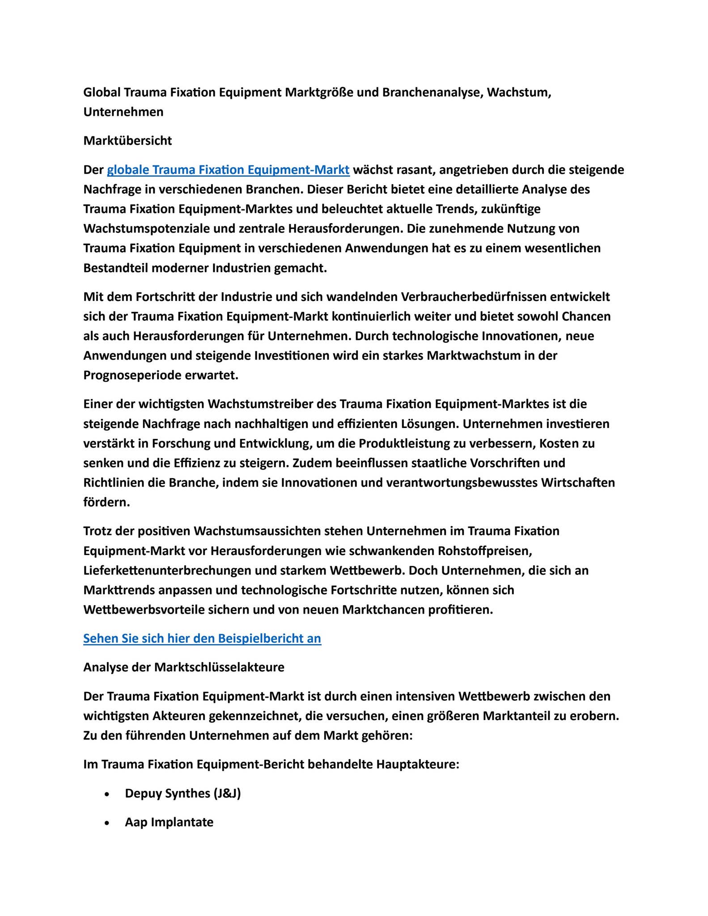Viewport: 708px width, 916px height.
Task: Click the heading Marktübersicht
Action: click(127, 141)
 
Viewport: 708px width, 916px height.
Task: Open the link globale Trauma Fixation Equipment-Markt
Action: click(228, 170)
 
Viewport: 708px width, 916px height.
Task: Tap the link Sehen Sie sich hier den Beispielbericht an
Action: click(202, 638)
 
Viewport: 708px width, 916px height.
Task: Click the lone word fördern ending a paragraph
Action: click(106, 502)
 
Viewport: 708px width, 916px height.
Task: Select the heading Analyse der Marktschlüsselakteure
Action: click(184, 667)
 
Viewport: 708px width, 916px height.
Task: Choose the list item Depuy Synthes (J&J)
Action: click(183, 793)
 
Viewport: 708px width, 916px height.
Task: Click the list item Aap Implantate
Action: click(169, 822)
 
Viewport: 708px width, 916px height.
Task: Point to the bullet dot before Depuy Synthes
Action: click(106, 794)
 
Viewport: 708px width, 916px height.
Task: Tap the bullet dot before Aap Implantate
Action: click(106, 823)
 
